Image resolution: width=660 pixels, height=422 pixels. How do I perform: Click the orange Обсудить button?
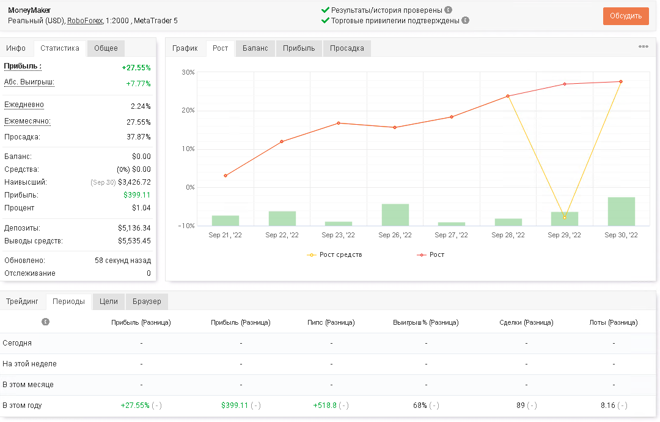point(626,16)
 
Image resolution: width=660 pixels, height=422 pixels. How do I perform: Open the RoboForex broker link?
point(84,21)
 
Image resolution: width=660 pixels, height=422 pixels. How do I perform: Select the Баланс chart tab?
point(255,48)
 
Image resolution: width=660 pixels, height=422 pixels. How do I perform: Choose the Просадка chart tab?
point(347,48)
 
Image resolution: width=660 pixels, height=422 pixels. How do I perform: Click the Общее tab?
point(106,48)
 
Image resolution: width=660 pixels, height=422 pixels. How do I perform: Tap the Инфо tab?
point(16,48)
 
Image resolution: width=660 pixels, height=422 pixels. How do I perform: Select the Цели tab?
point(109,302)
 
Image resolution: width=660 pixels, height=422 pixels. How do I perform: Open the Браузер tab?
point(147,302)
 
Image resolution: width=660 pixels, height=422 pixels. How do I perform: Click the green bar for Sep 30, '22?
point(621,212)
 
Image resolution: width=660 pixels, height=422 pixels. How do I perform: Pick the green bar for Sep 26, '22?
point(395,215)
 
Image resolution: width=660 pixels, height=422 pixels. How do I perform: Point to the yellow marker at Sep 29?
point(565,217)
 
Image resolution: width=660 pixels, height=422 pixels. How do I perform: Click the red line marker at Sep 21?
point(226,176)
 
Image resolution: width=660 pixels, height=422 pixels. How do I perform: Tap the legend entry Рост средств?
point(335,255)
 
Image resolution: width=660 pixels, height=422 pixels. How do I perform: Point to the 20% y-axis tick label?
point(188,110)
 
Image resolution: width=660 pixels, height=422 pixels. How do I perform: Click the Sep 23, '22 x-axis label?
point(339,235)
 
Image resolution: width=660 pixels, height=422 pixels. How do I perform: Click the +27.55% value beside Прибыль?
point(136,68)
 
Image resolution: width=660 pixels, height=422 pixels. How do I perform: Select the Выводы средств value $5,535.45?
point(134,241)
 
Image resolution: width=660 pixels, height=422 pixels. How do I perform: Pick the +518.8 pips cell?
point(325,405)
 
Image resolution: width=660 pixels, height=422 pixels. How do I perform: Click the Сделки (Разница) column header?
point(526,322)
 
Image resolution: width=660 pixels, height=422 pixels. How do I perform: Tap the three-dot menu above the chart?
point(643,46)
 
